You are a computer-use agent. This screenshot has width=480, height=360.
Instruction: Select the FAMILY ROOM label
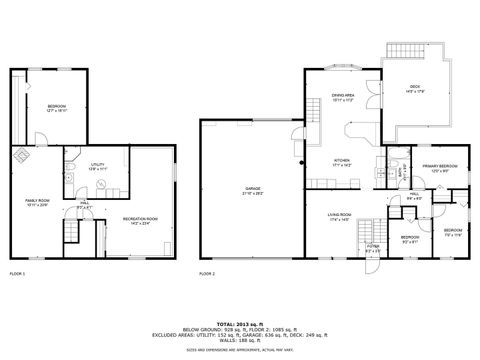click(x=37, y=202)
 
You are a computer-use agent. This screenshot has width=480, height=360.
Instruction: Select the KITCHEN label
click(x=342, y=161)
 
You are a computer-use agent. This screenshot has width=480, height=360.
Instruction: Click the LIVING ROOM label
click(x=338, y=216)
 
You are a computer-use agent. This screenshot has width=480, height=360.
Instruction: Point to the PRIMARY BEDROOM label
click(x=439, y=167)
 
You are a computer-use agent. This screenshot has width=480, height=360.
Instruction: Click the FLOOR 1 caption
click(x=17, y=273)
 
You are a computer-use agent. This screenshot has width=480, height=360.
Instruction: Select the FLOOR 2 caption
click(x=207, y=273)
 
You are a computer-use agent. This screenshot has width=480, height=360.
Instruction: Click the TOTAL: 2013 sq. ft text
click(x=240, y=324)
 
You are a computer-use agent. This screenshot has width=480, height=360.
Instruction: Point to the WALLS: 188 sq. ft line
click(x=240, y=341)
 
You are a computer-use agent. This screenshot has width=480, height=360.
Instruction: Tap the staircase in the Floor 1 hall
click(x=72, y=233)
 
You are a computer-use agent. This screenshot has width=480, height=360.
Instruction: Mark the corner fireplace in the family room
click(x=20, y=155)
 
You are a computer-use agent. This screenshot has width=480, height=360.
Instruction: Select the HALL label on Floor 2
click(x=414, y=196)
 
